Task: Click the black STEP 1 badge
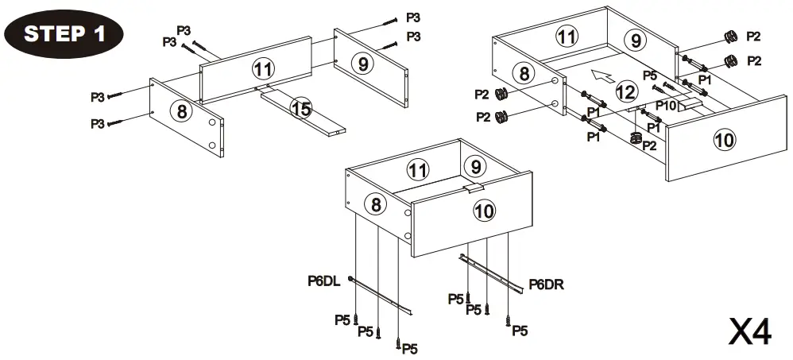pos(64,33)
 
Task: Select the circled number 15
pos(300,109)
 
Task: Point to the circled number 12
pos(626,92)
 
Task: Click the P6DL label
pos(324,280)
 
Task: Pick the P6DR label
pos(546,284)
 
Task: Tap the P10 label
pos(666,104)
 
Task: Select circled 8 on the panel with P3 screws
pos(182,111)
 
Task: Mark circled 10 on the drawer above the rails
pos(484,211)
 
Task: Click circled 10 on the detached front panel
pos(723,141)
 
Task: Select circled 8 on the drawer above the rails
pos(376,204)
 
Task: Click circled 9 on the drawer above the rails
pos(475,166)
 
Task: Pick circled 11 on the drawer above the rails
pos(417,168)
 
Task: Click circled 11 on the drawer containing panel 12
pos(566,36)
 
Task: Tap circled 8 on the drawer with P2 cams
pos(524,74)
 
